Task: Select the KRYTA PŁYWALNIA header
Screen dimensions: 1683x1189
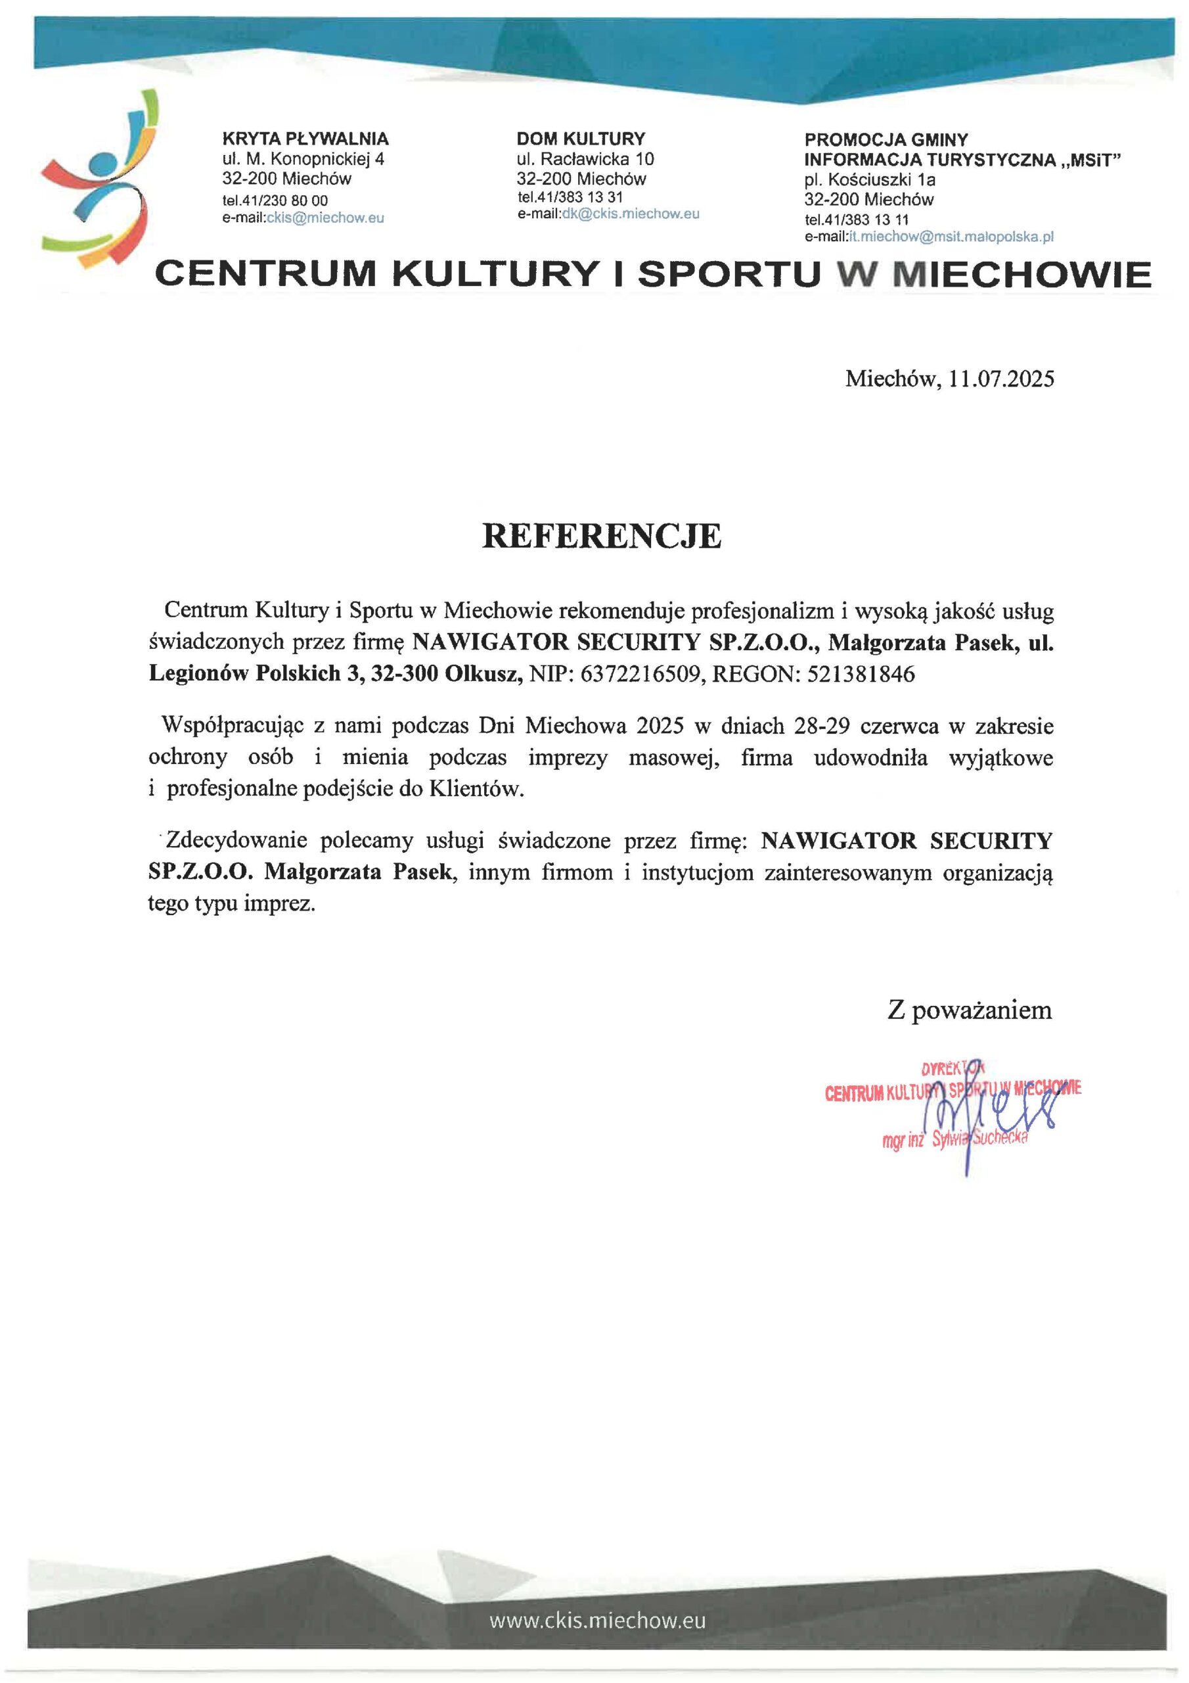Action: [305, 139]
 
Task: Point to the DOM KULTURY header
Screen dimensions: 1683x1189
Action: [581, 139]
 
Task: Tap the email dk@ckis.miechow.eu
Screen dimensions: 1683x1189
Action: [630, 214]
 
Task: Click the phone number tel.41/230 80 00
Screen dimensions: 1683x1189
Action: [275, 200]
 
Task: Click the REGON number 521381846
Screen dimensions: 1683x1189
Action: [861, 674]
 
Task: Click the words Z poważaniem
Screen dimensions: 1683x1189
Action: [969, 1009]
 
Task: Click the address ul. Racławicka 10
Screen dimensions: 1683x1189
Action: [585, 159]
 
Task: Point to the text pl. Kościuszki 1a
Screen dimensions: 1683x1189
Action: [870, 179]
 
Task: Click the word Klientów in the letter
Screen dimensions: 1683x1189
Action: [477, 790]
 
